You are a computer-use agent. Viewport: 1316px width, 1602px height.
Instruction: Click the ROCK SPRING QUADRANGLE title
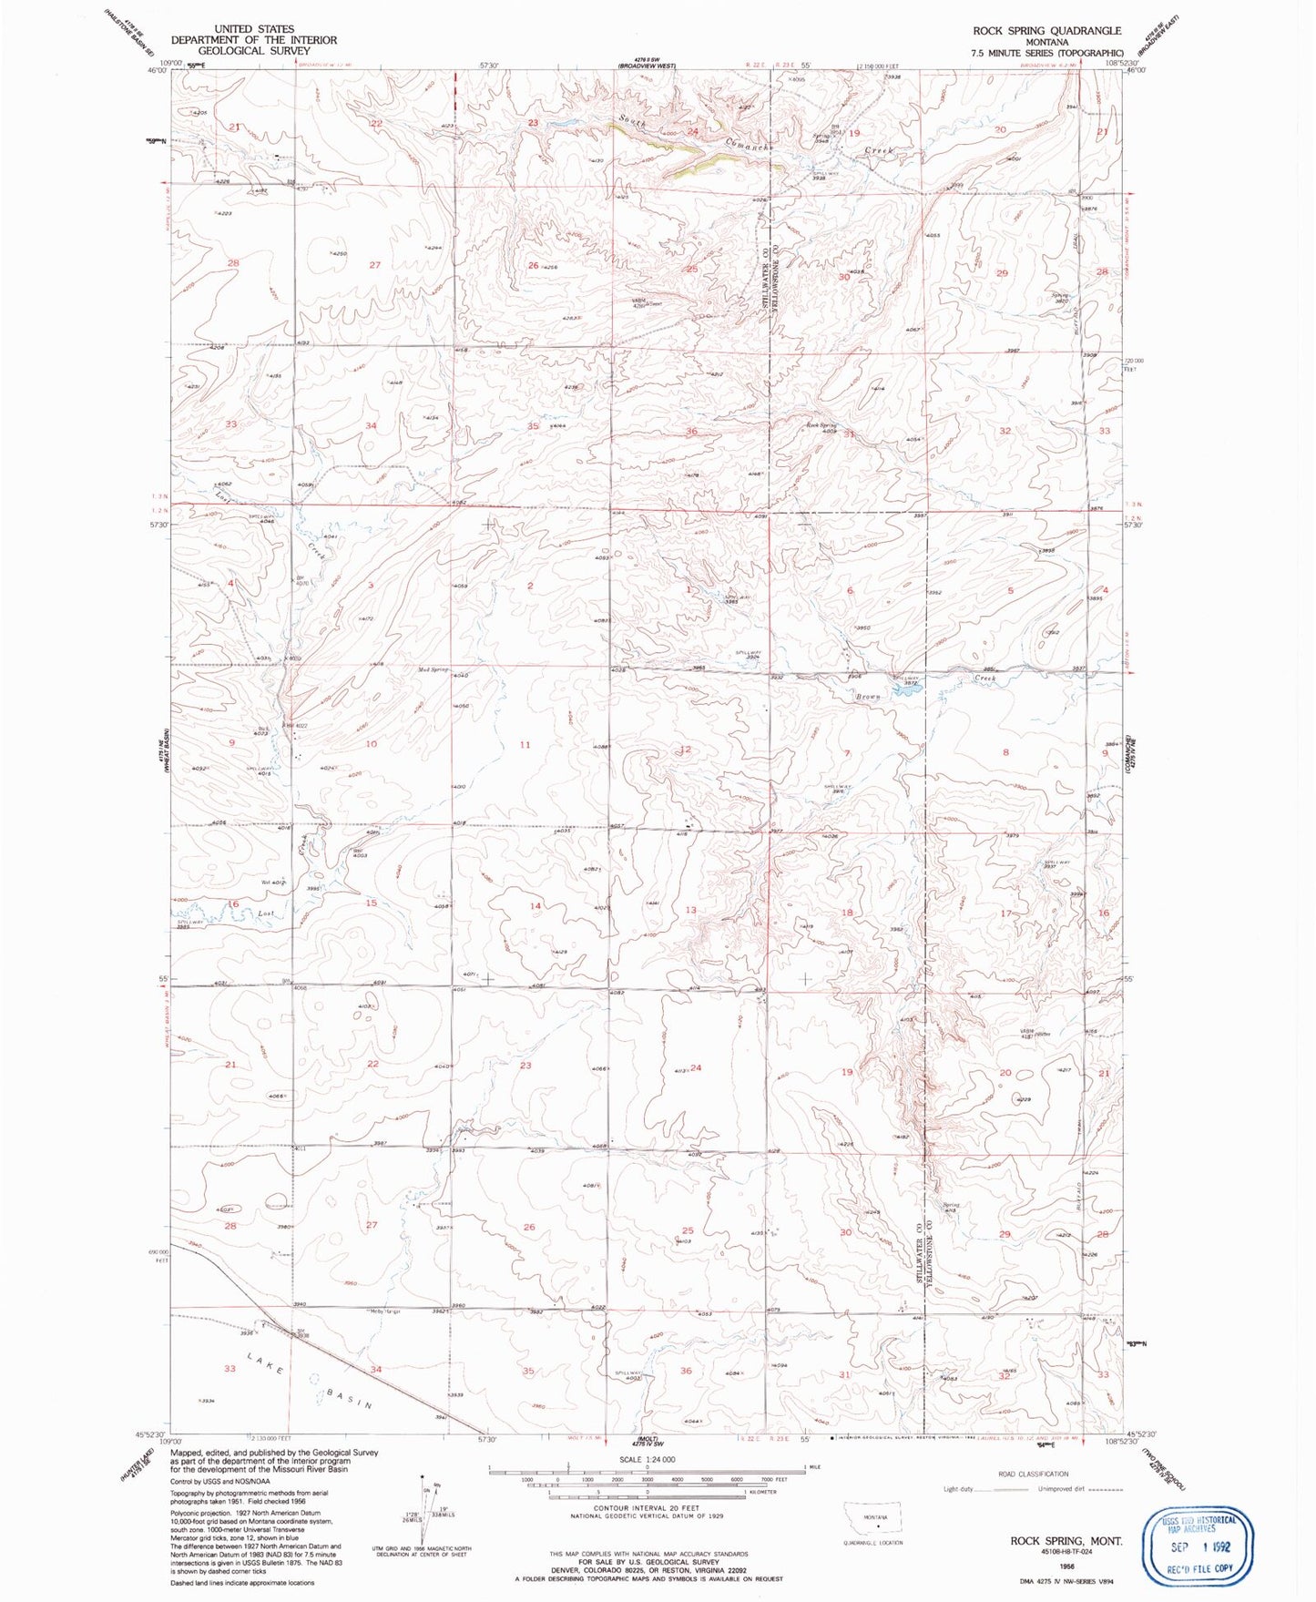click(x=1046, y=30)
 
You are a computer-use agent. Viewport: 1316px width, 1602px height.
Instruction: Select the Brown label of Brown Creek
click(x=866, y=697)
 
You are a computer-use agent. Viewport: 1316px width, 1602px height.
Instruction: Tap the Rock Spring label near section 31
click(x=821, y=425)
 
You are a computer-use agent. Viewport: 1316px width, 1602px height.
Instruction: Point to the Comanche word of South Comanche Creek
click(x=749, y=143)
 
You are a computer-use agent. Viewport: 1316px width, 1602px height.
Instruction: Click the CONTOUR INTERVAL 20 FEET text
click(x=647, y=1535)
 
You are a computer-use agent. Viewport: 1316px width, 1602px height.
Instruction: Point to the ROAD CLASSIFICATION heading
click(x=1033, y=1474)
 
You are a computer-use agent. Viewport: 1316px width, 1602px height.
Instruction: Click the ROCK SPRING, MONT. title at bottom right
click(x=1066, y=1540)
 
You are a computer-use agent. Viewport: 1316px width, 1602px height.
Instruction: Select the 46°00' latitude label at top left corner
click(x=158, y=71)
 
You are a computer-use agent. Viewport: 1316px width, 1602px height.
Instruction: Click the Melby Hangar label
click(x=386, y=1311)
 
